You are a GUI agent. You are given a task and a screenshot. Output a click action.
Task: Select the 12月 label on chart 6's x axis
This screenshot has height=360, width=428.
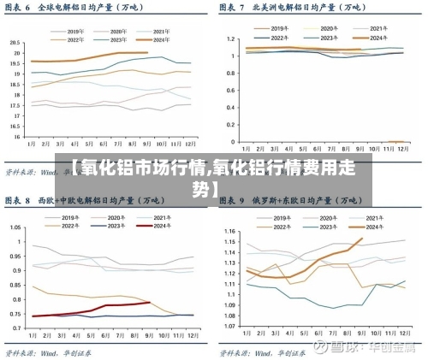pyautogui.click(x=188, y=144)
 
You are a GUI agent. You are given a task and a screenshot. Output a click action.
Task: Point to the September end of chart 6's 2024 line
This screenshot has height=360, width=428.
pyautogui.click(x=148, y=53)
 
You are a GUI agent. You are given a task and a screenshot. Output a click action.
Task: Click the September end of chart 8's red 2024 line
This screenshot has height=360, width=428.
pyautogui.click(x=150, y=302)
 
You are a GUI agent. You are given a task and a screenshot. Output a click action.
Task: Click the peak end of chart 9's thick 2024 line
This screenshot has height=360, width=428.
pyautogui.click(x=362, y=238)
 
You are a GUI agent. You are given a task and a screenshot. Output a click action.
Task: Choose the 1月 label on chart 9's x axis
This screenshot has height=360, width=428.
pyautogui.click(x=247, y=338)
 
